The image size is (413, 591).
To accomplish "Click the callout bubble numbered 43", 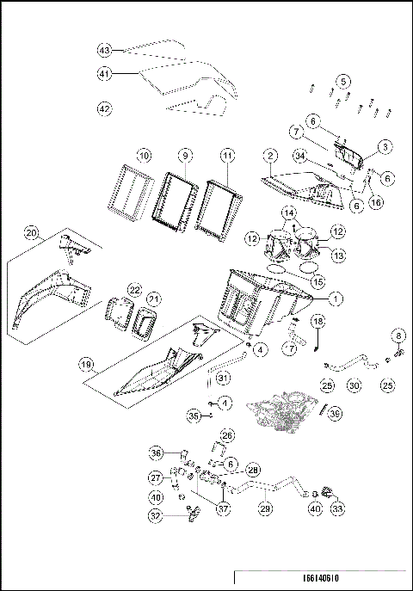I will pyautogui.click(x=104, y=51).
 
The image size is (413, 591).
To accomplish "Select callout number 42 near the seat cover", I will pyautogui.click(x=104, y=108).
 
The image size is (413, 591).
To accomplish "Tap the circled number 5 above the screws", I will pyautogui.click(x=343, y=81).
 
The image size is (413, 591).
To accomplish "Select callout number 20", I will pyautogui.click(x=32, y=233).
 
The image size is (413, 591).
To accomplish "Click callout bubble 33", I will pyautogui.click(x=335, y=509).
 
